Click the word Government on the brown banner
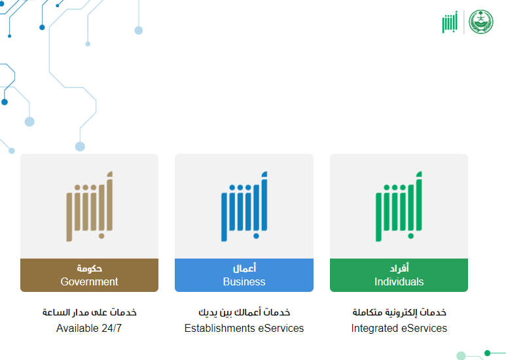pyautogui.click(x=89, y=281)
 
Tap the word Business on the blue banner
pyautogui.click(x=244, y=281)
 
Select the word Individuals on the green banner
pyautogui.click(x=399, y=281)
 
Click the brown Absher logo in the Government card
pyautogui.click(x=90, y=206)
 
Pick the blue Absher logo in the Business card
pyautogui.click(x=244, y=206)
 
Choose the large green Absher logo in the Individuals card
pyautogui.click(x=399, y=206)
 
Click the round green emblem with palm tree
pyautogui.click(x=481, y=22)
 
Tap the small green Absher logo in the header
pyautogui.click(x=450, y=22)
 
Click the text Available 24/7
pyautogui.click(x=89, y=328)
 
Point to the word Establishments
pyautogui.click(x=220, y=328)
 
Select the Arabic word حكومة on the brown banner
pyautogui.click(x=90, y=268)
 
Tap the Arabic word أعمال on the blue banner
pyautogui.click(x=244, y=268)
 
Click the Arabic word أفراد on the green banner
pyautogui.click(x=399, y=268)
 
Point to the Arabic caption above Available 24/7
pyautogui.click(x=90, y=312)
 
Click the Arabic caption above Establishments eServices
pyautogui.click(x=244, y=312)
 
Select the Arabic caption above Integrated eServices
pyautogui.click(x=399, y=312)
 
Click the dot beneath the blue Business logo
pyautogui.click(x=256, y=236)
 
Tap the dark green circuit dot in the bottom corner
pyautogui.click(x=487, y=353)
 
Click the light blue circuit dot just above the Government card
pyautogui.click(x=80, y=147)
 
